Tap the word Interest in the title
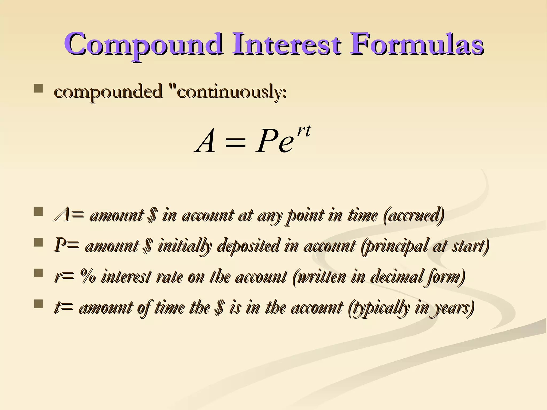[x=286, y=43]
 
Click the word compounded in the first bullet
[x=108, y=92]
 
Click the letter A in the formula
[x=205, y=141]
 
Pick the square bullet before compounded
[x=38, y=88]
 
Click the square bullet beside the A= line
[x=38, y=212]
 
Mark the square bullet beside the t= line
[x=38, y=304]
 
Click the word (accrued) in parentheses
[x=414, y=215]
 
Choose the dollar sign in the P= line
[x=147, y=246]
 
